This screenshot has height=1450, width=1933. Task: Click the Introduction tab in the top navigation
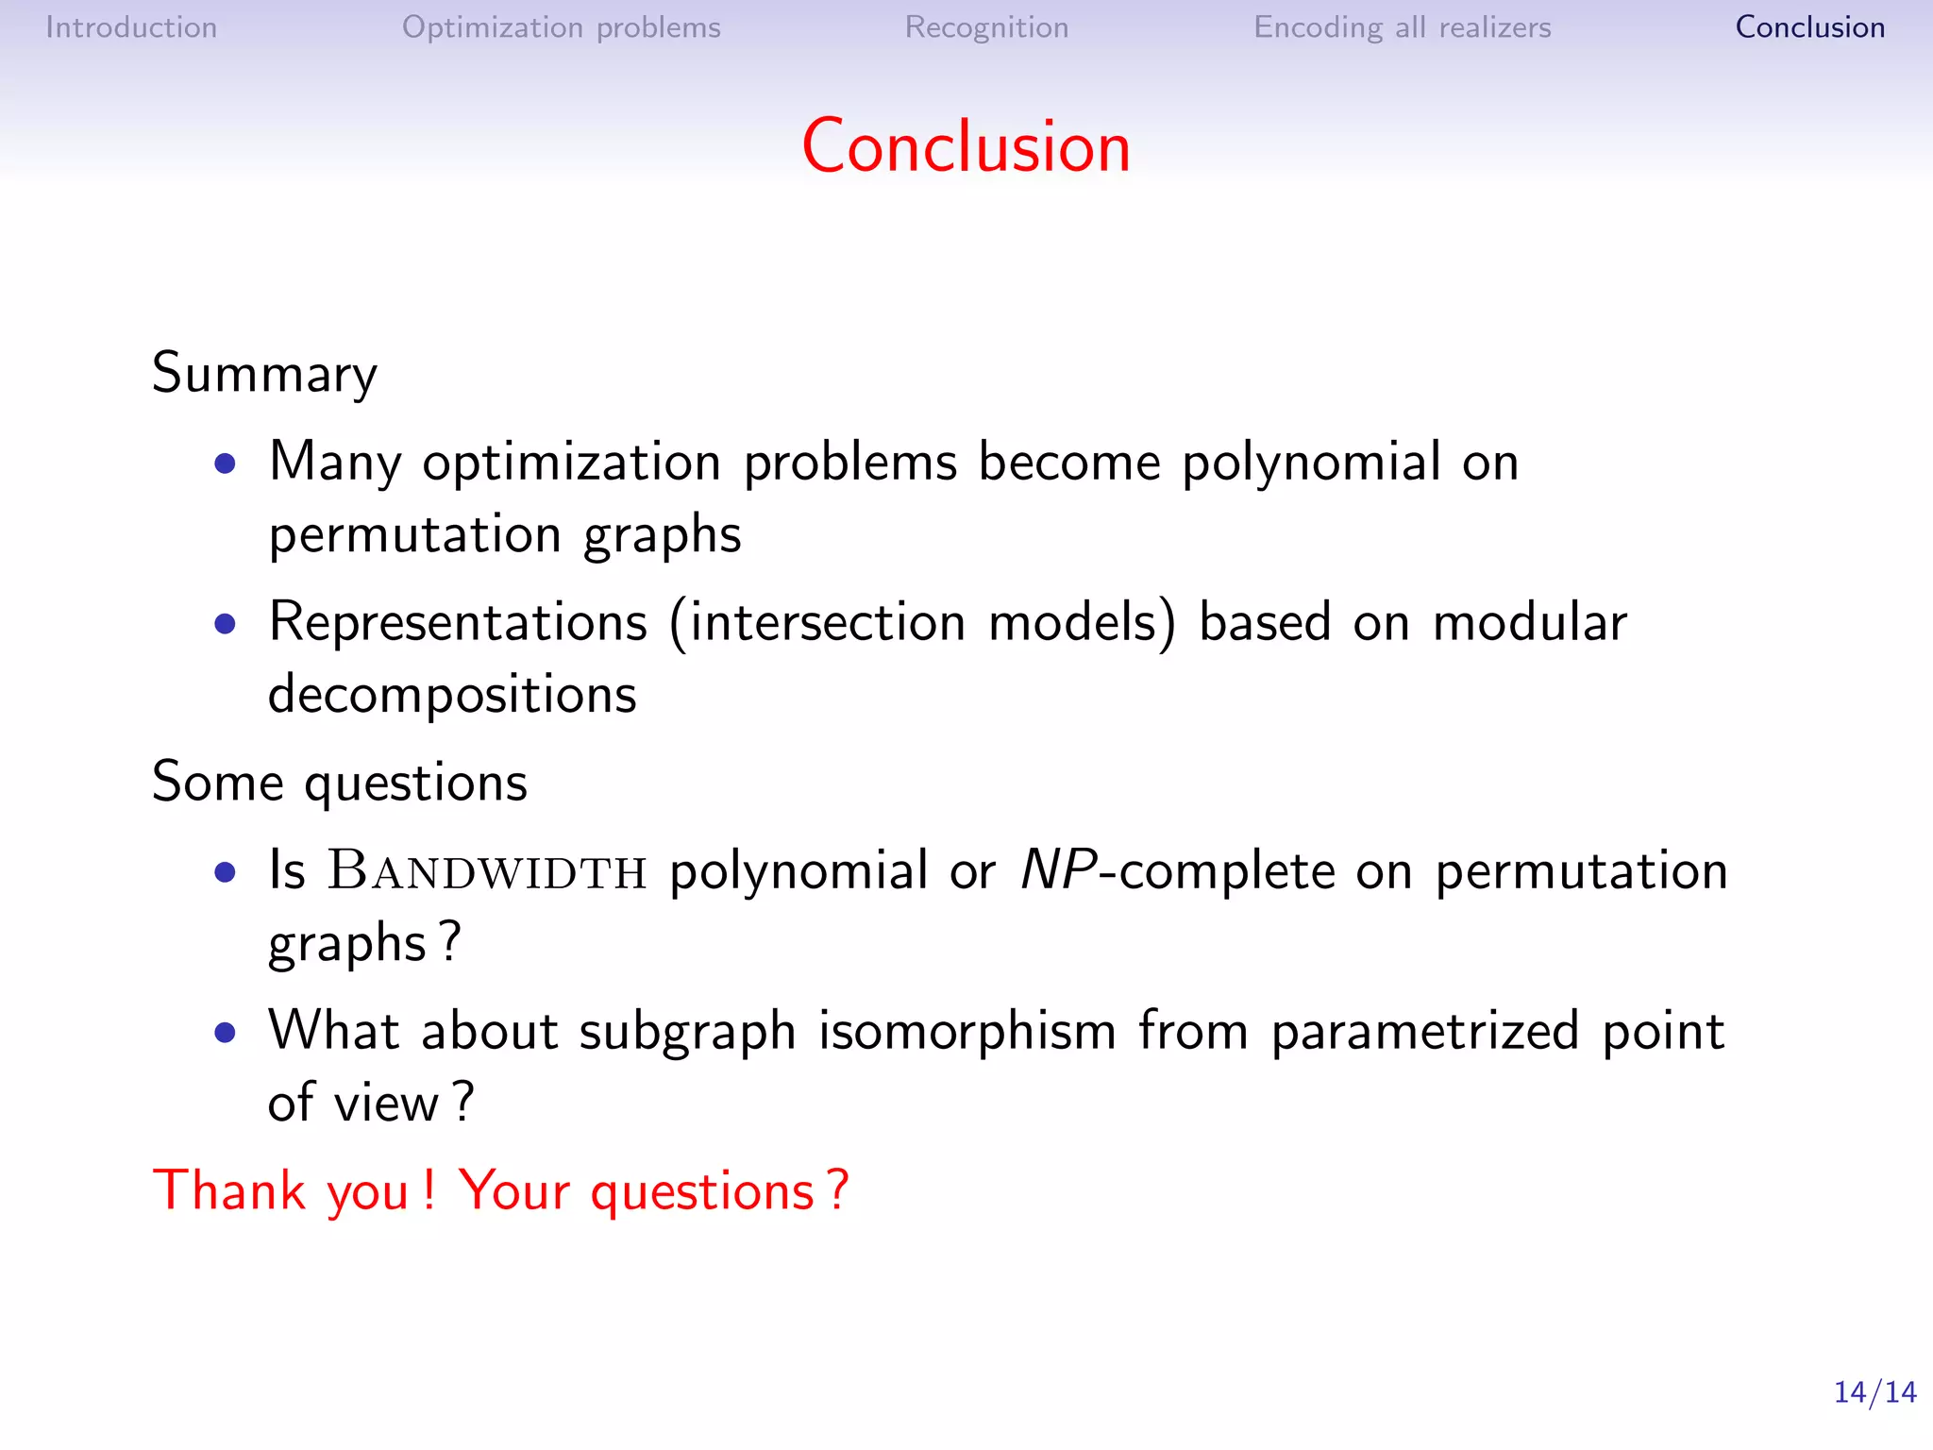131,27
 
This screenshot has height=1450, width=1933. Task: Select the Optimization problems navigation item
561,27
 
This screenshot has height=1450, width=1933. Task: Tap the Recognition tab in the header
986,27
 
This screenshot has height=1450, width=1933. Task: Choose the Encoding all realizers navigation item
1402,27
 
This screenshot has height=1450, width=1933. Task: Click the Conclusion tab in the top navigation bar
1809,27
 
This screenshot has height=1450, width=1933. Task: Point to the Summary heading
264,374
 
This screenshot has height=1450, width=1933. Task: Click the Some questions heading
339,783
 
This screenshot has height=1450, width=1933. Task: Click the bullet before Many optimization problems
225,464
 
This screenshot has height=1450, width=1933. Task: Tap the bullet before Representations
225,623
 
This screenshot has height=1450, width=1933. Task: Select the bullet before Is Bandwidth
225,871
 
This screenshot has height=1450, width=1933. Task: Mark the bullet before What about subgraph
225,1032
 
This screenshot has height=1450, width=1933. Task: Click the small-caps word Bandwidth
487,870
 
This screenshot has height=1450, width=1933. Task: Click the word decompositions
452,696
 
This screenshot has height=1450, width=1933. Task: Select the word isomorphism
967,1031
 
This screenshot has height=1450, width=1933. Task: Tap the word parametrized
1424,1031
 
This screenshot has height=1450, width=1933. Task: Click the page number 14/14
1874,1392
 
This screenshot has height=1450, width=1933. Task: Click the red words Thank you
280,1190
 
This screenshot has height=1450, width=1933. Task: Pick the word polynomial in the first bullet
1311,463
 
